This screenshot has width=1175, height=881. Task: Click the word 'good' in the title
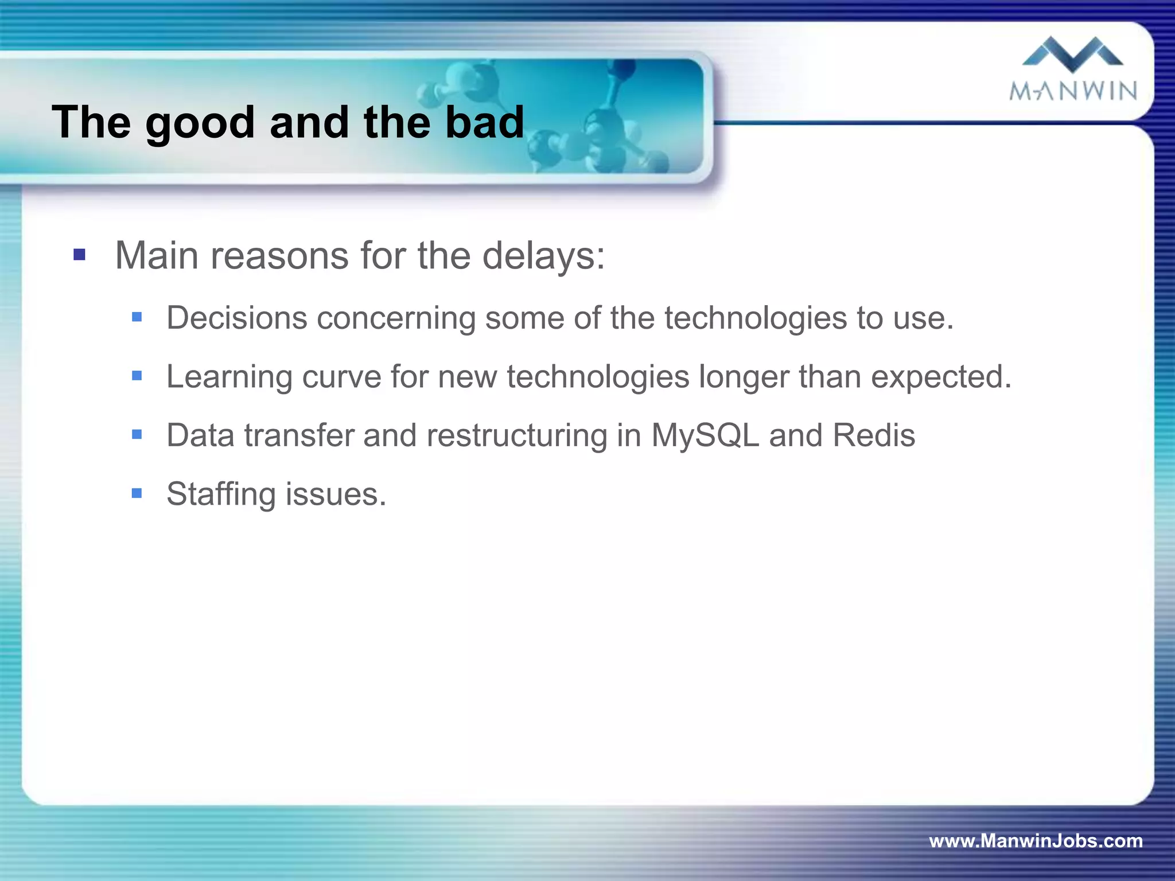coord(200,123)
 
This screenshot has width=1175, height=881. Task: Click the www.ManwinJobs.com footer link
coord(1036,841)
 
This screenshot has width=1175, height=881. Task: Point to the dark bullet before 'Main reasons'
coord(80,255)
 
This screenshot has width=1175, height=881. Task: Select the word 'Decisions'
coord(237,318)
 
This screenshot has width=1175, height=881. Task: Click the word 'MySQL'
coord(705,435)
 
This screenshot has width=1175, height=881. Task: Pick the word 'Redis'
coord(873,435)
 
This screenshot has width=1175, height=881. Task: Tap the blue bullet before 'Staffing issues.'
coord(137,493)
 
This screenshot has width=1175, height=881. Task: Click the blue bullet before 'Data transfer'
coord(137,434)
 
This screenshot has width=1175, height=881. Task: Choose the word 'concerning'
coord(396,318)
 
